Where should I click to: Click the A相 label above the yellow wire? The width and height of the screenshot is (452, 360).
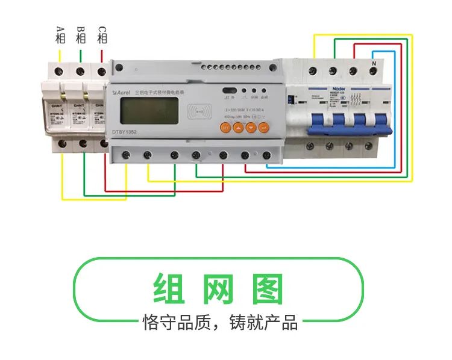60,34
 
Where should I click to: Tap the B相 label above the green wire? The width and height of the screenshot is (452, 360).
81,34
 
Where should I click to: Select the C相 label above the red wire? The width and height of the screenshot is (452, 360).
102,34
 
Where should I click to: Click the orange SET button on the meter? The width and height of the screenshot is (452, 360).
224,127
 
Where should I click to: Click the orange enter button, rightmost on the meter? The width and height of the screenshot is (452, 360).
264,127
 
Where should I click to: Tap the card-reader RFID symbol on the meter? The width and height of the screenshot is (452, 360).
201,112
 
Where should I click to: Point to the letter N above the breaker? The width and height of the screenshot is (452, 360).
374,63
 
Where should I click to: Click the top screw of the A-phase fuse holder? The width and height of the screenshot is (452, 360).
60,71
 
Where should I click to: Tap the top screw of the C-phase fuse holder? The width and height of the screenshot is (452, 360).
101,71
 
